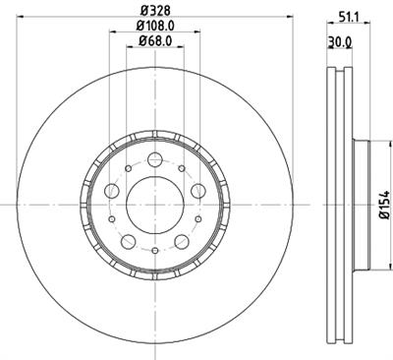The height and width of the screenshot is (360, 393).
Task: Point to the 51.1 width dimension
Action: tap(346, 15)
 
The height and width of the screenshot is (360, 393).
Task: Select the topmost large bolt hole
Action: tap(154, 160)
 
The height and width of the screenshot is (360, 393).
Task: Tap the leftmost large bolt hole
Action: tap(111, 191)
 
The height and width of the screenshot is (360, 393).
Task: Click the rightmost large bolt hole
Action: tap(197, 191)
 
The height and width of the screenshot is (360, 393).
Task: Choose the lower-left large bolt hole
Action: tap(128, 241)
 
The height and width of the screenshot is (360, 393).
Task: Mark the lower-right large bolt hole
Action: tap(181, 241)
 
